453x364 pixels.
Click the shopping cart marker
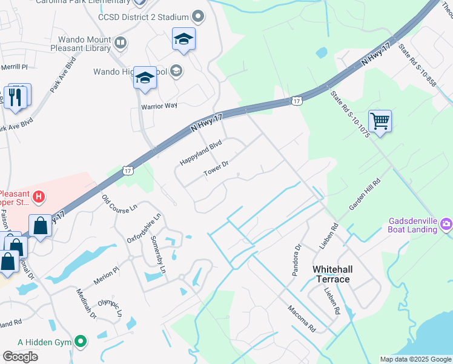[380, 120]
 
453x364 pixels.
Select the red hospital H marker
[39, 197]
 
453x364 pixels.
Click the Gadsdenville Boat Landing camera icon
[446, 224]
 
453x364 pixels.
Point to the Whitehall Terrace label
[331, 274]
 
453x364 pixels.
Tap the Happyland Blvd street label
[201, 153]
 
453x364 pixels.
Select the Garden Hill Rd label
[364, 195]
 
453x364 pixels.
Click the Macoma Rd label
[302, 318]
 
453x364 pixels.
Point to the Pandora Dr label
[297, 260]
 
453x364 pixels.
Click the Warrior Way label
[159, 106]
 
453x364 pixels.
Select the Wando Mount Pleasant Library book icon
[121, 43]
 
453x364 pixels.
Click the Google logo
[20, 357]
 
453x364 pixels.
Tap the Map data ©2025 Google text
[415, 359]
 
